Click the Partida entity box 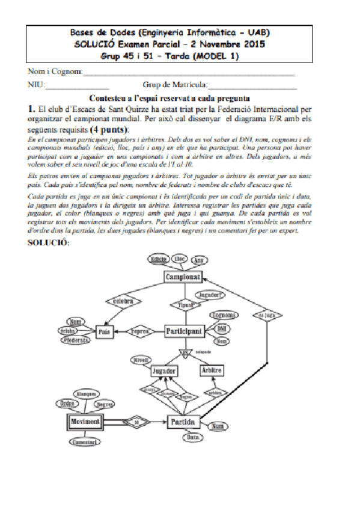pyautogui.click(x=183, y=422)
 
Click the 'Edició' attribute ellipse pyautogui.click(x=158, y=259)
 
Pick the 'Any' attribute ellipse pyautogui.click(x=200, y=260)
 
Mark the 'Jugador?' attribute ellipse pyautogui.click(x=212, y=295)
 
